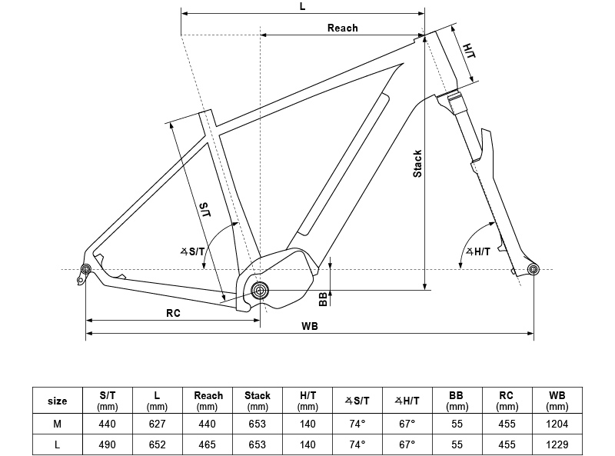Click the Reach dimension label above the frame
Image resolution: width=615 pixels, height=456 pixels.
(x=342, y=28)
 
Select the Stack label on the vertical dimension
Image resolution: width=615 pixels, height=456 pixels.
(x=417, y=163)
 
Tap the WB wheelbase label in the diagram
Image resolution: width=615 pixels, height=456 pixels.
(x=310, y=326)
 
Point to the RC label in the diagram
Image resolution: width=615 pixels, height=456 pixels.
(x=173, y=313)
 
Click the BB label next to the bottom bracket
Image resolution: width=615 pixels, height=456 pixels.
(x=323, y=298)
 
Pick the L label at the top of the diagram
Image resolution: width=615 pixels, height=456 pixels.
(x=302, y=6)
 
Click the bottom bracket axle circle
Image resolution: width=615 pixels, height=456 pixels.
(x=260, y=290)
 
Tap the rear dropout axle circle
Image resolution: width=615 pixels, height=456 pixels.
(x=85, y=268)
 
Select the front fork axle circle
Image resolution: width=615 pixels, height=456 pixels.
(x=534, y=268)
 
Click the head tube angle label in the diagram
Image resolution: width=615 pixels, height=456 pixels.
(x=477, y=251)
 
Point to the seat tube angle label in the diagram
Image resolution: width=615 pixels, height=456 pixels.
(x=193, y=251)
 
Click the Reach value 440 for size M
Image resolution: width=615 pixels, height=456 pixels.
(x=208, y=423)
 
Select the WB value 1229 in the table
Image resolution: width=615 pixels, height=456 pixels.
(x=557, y=444)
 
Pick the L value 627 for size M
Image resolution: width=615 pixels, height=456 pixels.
(x=158, y=423)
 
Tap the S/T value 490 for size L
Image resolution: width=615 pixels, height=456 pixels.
(x=108, y=444)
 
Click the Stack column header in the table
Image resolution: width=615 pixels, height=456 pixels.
(x=258, y=401)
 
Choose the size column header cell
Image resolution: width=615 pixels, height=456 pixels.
(x=58, y=401)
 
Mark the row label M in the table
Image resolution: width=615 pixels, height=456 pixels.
(x=58, y=423)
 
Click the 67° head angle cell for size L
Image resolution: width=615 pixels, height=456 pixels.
(x=407, y=444)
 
